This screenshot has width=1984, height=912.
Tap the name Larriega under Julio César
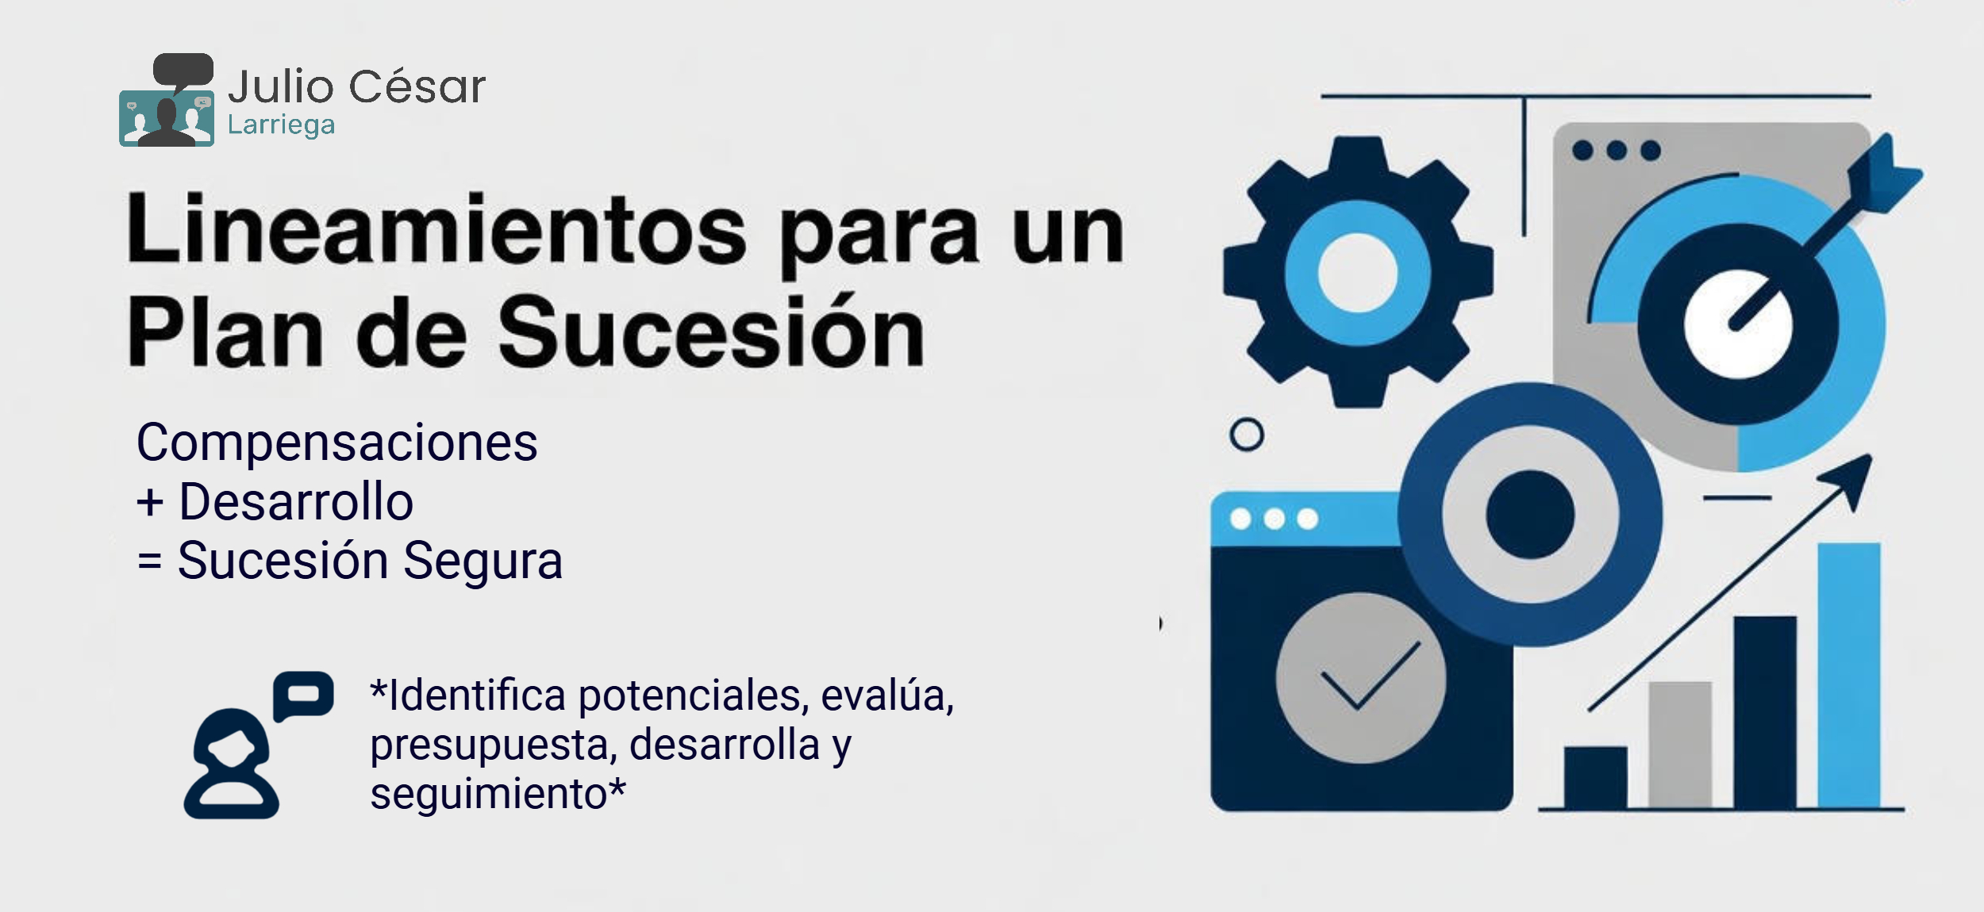tap(281, 126)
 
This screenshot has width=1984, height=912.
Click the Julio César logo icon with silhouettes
tap(167, 100)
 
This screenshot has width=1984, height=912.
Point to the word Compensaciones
tap(337, 443)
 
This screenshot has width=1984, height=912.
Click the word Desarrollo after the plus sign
tap(296, 501)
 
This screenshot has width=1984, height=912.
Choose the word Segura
tap(483, 561)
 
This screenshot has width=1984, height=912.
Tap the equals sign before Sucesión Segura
tap(149, 561)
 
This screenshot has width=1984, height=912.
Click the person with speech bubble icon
tap(258, 745)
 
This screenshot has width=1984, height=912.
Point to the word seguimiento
tap(489, 794)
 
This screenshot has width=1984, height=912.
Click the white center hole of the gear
tap(1357, 273)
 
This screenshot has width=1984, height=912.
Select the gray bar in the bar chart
tap(1680, 745)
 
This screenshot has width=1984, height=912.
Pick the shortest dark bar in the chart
tap(1595, 777)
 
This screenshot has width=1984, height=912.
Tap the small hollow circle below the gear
tap(1247, 435)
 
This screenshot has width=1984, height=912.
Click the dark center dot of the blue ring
tap(1530, 515)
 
